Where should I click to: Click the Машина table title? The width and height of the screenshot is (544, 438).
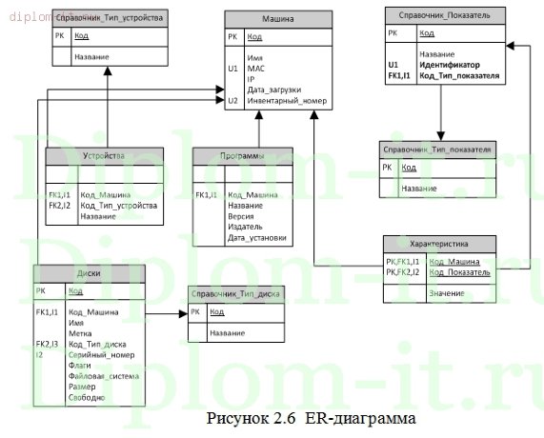(x=278, y=18)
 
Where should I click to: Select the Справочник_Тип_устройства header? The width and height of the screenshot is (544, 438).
(x=108, y=18)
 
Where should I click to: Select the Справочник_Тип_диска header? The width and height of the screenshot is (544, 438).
(x=232, y=294)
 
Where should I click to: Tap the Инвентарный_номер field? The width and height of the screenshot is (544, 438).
(x=285, y=99)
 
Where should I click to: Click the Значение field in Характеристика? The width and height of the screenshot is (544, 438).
(x=446, y=292)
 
